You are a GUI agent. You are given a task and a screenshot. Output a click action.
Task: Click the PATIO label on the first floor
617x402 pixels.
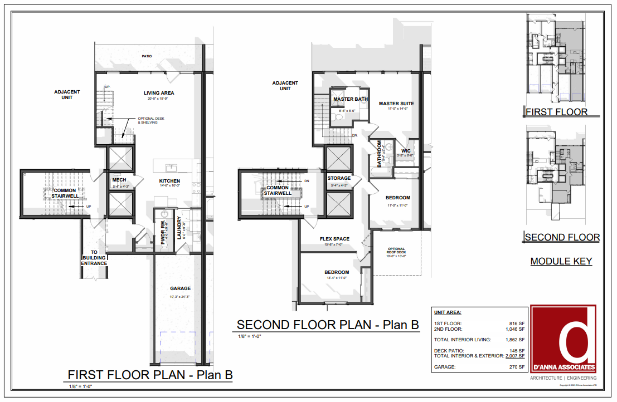[x=147, y=56]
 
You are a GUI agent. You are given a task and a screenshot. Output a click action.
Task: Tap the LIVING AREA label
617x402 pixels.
[x=160, y=93]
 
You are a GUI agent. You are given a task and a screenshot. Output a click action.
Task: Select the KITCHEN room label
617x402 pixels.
[x=169, y=182]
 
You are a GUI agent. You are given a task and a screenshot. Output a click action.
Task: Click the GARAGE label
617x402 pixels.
[x=180, y=288]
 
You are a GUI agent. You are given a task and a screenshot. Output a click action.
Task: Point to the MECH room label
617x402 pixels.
[x=119, y=180]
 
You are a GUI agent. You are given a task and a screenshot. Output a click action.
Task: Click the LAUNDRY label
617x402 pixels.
[x=179, y=228]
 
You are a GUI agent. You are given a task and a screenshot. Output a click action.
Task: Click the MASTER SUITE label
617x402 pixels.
[x=396, y=104]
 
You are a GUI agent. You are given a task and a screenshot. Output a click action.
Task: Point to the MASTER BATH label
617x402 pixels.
[x=350, y=100]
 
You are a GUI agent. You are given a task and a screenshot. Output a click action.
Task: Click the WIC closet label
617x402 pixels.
[x=406, y=150]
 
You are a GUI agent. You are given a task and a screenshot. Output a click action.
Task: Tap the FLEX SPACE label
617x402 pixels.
[x=334, y=239]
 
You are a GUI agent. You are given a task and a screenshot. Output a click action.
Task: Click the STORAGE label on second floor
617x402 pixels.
[x=339, y=178]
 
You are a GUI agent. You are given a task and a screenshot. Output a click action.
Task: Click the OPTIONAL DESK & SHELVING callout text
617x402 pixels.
[x=151, y=120]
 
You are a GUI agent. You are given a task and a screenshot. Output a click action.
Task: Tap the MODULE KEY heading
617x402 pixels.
[x=561, y=261]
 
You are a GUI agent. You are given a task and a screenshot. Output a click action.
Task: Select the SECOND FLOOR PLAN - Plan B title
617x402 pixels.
[x=328, y=325]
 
